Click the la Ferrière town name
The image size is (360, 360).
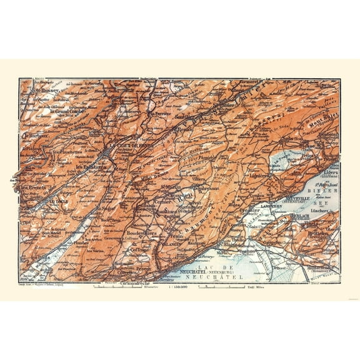(159, 114)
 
